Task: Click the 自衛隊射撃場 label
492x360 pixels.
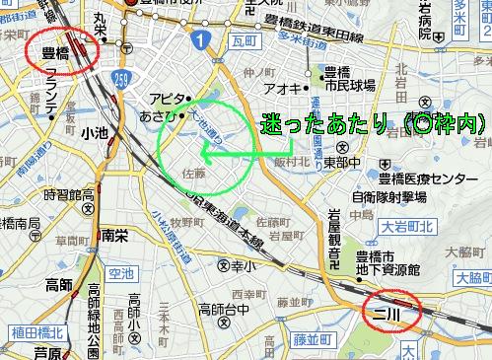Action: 395,195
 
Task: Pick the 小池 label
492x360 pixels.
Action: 95,132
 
